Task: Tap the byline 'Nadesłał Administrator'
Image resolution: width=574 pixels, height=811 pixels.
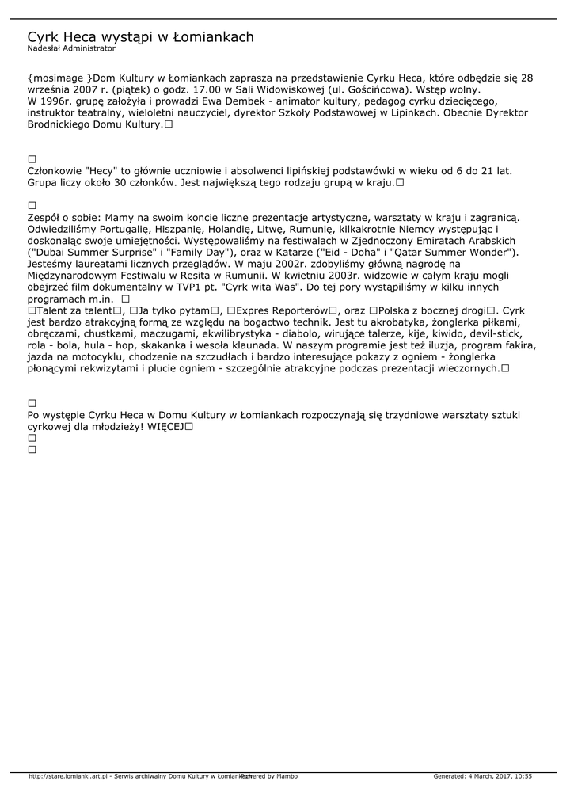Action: click(71, 48)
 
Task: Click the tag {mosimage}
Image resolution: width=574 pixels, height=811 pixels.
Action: click(59, 78)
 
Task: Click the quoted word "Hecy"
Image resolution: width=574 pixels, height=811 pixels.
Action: click(100, 170)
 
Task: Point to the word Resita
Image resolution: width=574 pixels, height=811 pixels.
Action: click(196, 275)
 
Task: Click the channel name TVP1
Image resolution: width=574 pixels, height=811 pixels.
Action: click(187, 287)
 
